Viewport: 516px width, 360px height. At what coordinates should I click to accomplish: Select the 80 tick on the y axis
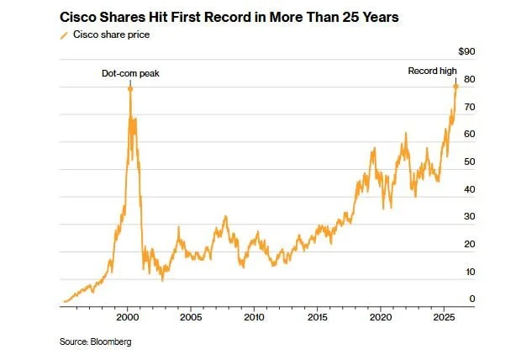[x=471, y=80]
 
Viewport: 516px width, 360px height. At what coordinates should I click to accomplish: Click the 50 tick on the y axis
[x=471, y=161]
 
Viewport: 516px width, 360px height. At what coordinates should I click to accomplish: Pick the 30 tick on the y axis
[x=471, y=216]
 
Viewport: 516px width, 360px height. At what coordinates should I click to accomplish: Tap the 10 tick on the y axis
[x=471, y=271]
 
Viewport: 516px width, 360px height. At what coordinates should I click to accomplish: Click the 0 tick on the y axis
[x=473, y=299]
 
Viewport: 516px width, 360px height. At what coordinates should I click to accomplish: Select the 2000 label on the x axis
[x=127, y=320]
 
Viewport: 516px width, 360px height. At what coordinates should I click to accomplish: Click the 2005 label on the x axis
[x=191, y=320]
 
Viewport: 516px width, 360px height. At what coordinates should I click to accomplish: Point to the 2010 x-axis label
[x=254, y=320]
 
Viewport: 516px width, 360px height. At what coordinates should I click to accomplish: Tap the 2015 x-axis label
[x=318, y=320]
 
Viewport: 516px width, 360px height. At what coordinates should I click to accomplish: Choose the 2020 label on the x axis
[x=381, y=320]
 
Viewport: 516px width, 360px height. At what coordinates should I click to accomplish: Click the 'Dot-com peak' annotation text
[x=130, y=73]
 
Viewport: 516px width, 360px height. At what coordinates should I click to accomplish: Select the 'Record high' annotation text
[x=431, y=71]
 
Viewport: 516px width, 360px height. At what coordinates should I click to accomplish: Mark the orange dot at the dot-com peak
[x=130, y=88]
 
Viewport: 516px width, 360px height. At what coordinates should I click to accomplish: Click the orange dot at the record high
[x=455, y=86]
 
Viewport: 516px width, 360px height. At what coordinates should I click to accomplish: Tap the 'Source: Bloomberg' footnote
[x=95, y=342]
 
